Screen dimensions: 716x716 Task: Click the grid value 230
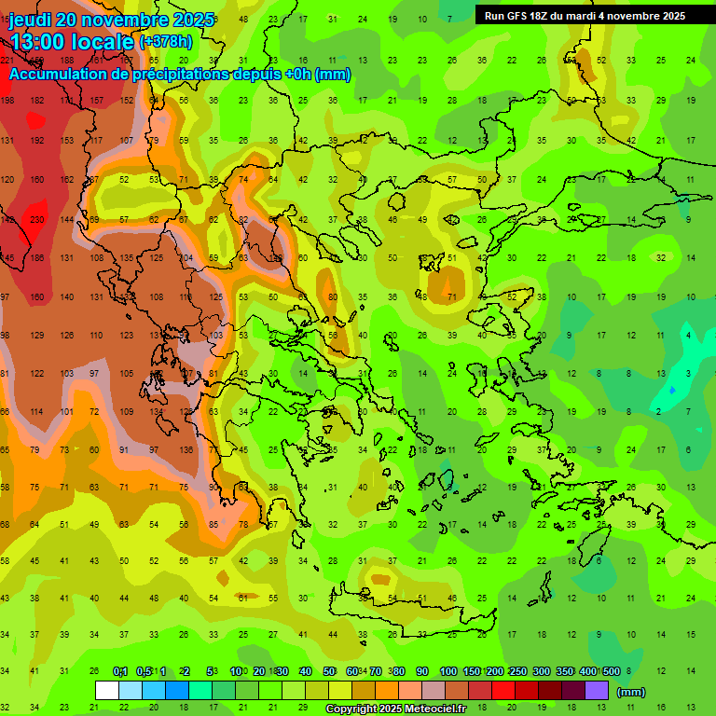[x=37, y=219]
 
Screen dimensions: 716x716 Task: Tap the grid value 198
[x=7, y=100]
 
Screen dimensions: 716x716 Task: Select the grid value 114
[x=37, y=411]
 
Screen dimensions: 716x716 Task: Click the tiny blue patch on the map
[x=672, y=389]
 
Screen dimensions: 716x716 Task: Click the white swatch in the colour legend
[x=107, y=691]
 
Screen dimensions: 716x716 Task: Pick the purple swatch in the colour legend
[x=597, y=691]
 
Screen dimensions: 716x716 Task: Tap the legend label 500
[x=611, y=672]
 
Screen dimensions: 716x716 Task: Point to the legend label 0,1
[x=120, y=672]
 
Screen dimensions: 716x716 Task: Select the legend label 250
[x=517, y=672]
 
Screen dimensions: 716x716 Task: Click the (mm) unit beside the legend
[x=631, y=692]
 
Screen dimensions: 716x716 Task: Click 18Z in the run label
[x=549, y=15]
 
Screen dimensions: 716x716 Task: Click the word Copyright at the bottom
[x=353, y=709]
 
